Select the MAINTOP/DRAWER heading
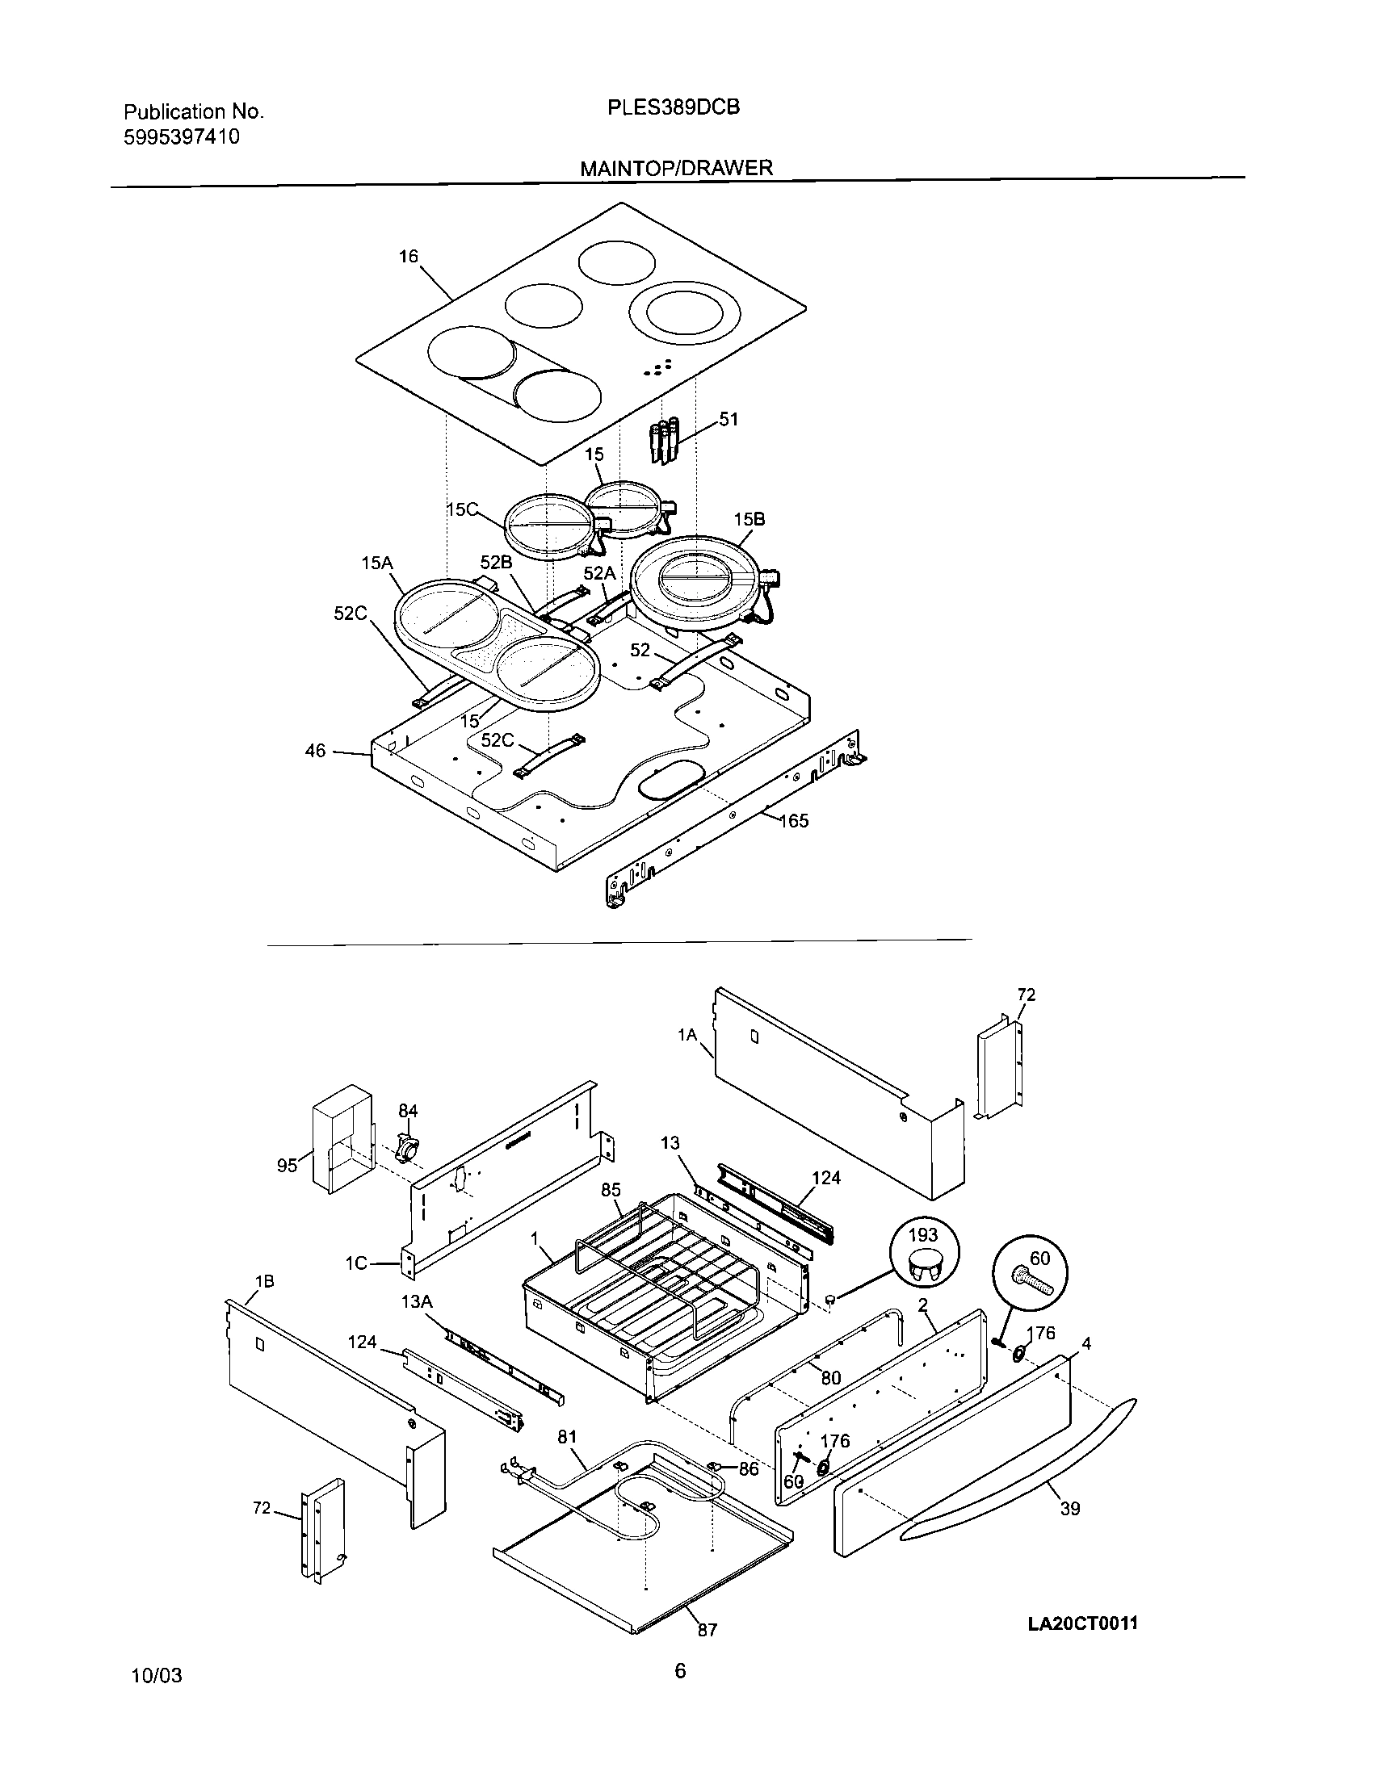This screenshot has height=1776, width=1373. pos(676,169)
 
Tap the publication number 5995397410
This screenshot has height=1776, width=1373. pos(182,136)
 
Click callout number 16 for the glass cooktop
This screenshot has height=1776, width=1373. pos(409,257)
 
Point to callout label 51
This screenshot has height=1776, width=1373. pos(728,420)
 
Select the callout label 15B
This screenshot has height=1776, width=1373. pos(749,519)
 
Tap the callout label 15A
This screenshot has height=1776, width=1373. pos(376,563)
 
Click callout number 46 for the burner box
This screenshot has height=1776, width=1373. pos(316,751)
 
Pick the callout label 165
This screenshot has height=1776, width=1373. pos(795,821)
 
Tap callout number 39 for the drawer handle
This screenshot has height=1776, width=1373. pos(1070,1510)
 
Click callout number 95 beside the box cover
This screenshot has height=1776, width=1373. pos(288,1167)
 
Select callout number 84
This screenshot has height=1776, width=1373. pos(408,1111)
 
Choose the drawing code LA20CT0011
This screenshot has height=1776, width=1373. pos(1082,1624)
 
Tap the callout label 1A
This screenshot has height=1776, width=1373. pos(687,1035)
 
